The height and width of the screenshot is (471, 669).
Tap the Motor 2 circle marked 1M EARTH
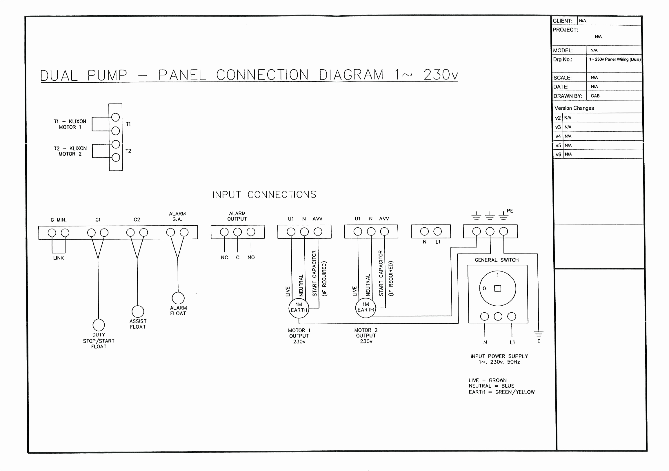click(366, 307)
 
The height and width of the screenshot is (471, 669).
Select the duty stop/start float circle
click(99, 325)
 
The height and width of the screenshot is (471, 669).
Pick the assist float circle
click(138, 311)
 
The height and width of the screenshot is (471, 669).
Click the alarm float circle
click(178, 298)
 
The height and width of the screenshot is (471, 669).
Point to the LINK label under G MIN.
click(59, 258)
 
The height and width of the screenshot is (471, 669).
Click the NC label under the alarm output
click(224, 257)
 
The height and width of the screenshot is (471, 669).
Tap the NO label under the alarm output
click(251, 257)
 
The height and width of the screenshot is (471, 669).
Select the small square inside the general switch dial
click(498, 288)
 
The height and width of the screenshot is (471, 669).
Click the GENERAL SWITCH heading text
click(497, 260)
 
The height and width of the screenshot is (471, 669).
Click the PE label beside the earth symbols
click(510, 211)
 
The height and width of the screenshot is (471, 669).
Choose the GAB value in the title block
click(595, 96)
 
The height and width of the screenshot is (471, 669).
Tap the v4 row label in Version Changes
click(558, 136)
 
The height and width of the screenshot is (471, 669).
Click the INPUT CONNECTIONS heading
click(264, 195)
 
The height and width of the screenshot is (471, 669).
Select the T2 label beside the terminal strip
click(128, 151)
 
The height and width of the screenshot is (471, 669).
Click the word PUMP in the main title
click(108, 75)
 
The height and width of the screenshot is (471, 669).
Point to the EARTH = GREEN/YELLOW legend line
click(502, 392)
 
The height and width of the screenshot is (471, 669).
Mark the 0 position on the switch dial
click(484, 289)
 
